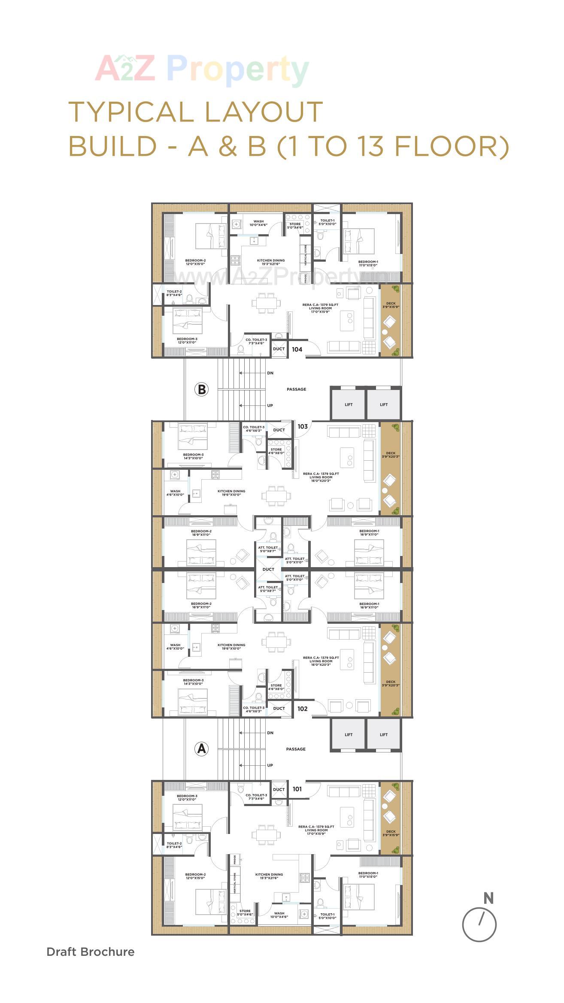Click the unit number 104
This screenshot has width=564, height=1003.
pyautogui.click(x=297, y=349)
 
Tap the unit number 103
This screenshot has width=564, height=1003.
pyautogui.click(x=303, y=426)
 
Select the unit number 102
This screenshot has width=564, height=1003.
pyautogui.click(x=303, y=709)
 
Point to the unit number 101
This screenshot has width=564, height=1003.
pyautogui.click(x=297, y=789)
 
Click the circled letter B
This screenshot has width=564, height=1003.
pyautogui.click(x=201, y=390)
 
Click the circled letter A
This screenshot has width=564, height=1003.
pyautogui.click(x=201, y=749)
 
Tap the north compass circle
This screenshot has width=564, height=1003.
pyautogui.click(x=479, y=924)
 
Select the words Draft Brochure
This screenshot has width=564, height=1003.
pyautogui.click(x=91, y=952)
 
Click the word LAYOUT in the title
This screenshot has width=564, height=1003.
pyautogui.click(x=264, y=112)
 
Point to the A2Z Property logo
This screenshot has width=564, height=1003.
pyautogui.click(x=202, y=69)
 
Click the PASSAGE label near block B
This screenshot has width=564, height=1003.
pyautogui.click(x=296, y=390)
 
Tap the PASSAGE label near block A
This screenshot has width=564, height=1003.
pyautogui.click(x=296, y=749)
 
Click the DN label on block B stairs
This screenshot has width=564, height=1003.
pyautogui.click(x=270, y=373)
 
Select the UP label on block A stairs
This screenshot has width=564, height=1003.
pyautogui.click(x=270, y=765)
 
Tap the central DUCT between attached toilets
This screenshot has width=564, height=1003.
pyautogui.click(x=268, y=569)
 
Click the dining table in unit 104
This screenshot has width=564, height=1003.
pyautogui.click(x=266, y=303)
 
